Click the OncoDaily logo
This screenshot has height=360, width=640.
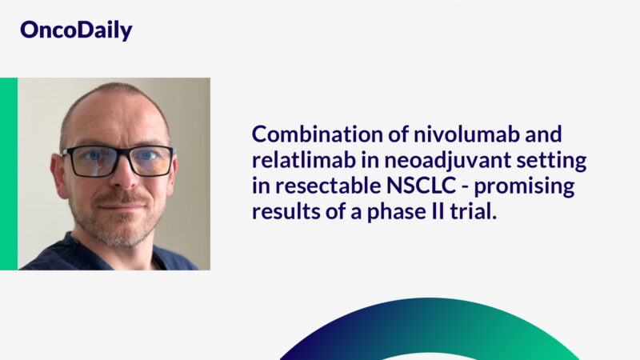[76, 30]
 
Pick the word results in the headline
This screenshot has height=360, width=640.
[282, 213]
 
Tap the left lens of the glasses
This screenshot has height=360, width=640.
[90, 160]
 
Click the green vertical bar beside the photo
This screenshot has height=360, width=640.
[8, 174]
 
